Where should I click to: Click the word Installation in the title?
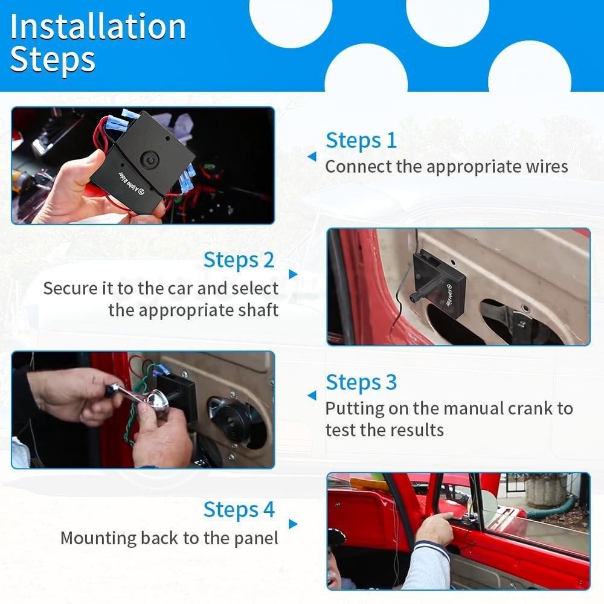click(x=98, y=27)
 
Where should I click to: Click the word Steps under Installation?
click(x=53, y=60)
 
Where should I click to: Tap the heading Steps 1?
click(x=361, y=140)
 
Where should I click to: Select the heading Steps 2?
click(x=239, y=260)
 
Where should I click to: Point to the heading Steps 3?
click(x=361, y=382)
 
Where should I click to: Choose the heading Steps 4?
click(x=239, y=510)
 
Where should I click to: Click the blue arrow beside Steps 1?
click(x=312, y=157)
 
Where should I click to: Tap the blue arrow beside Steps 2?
click(x=293, y=274)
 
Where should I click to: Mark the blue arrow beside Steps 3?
click(x=312, y=396)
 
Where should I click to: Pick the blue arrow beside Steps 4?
click(x=293, y=524)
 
